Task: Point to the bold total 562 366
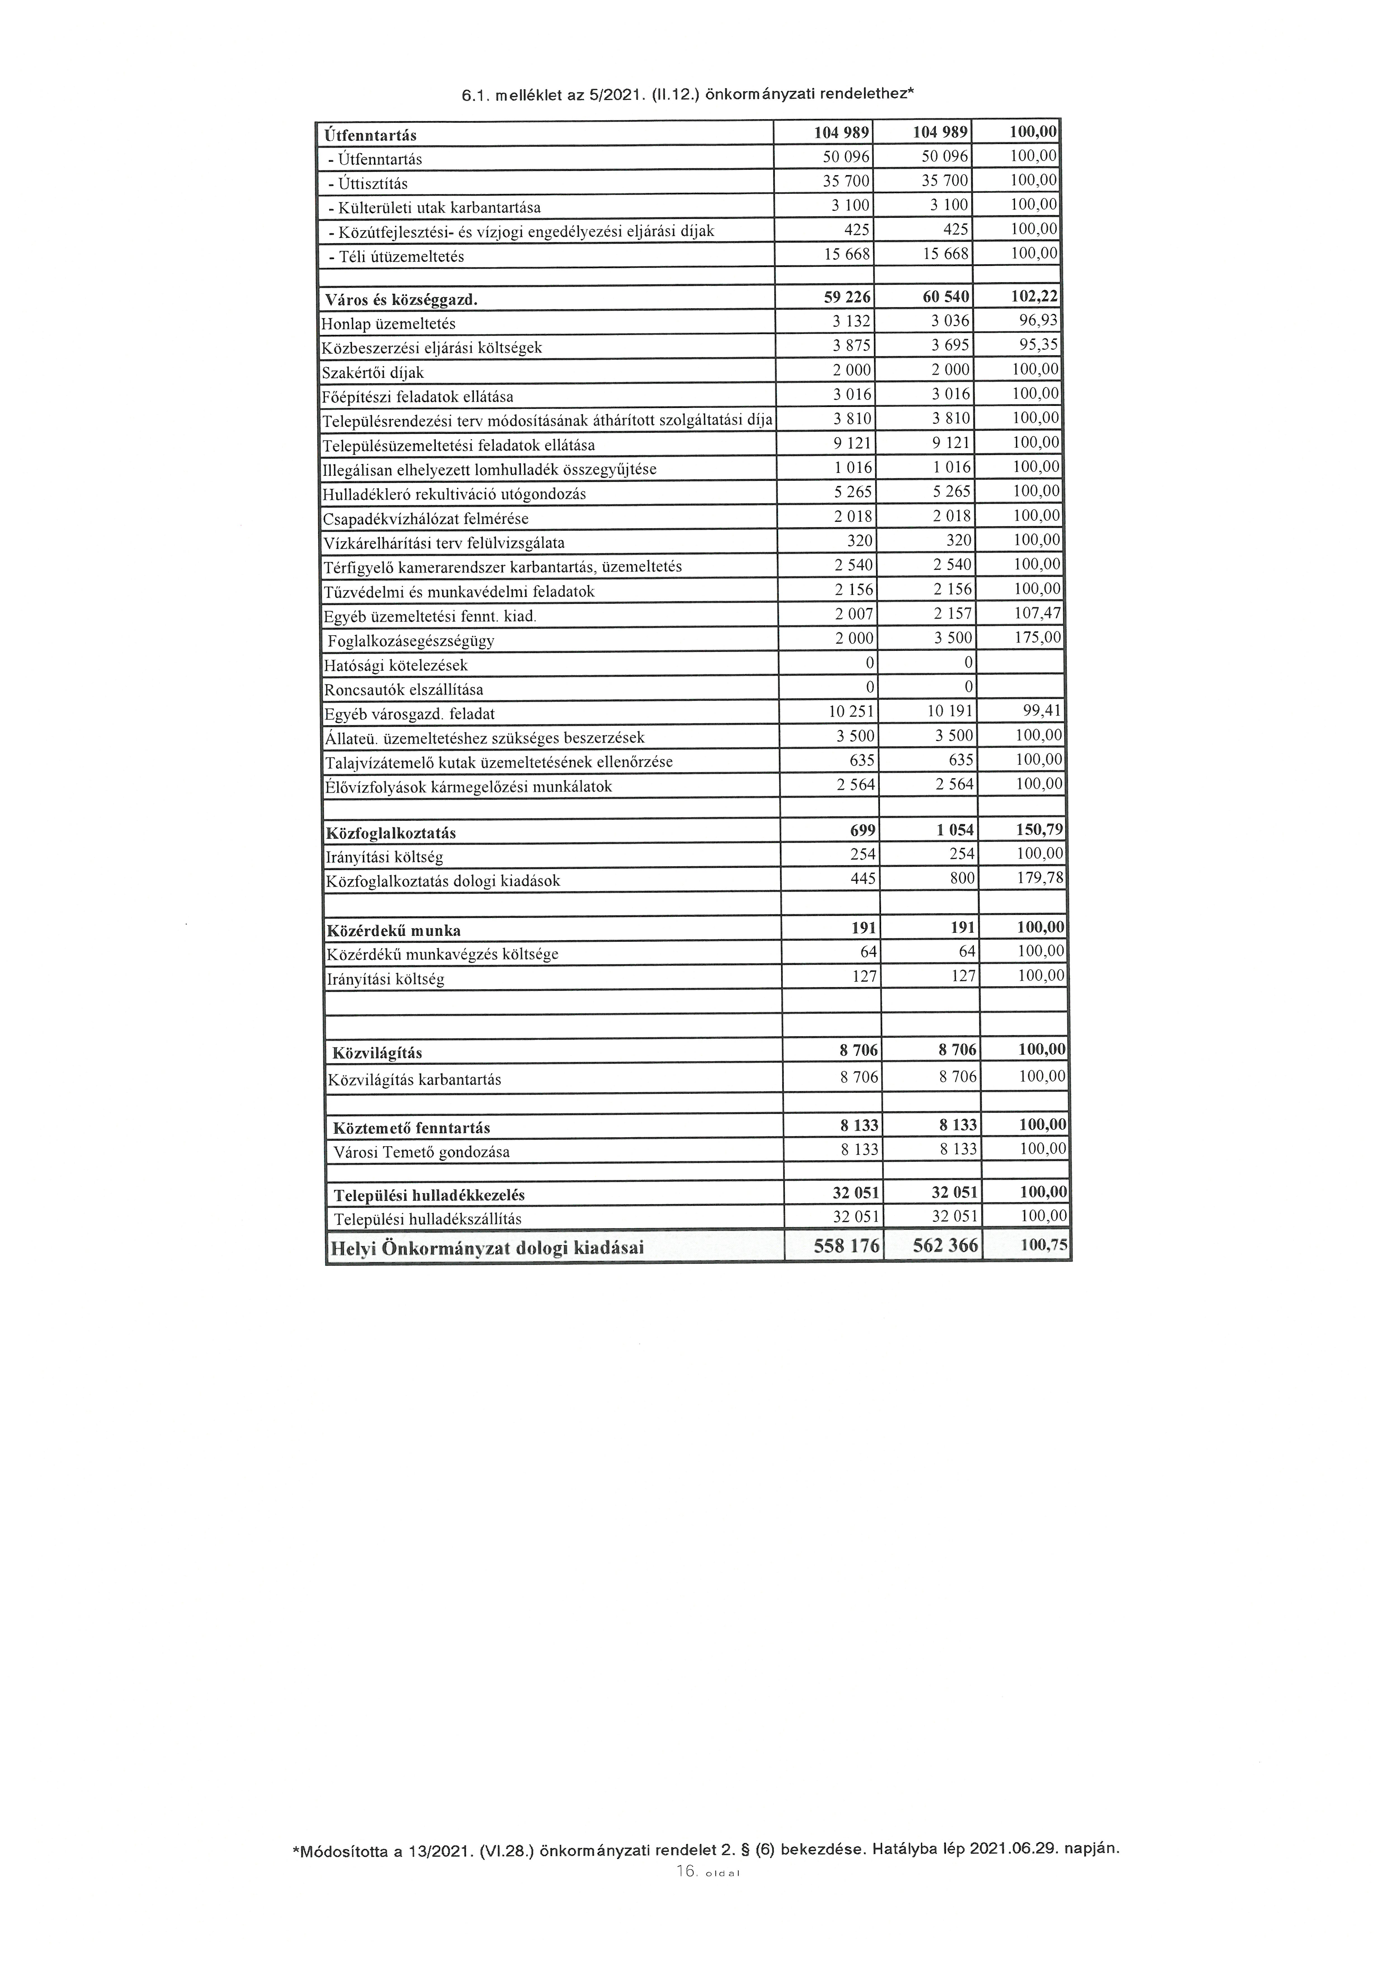944,1246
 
